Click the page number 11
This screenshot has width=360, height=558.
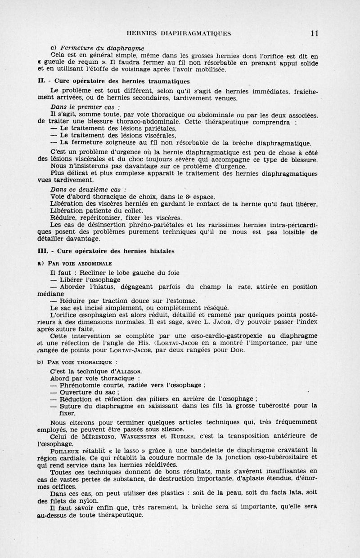315,33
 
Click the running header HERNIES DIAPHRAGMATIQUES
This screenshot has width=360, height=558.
180,33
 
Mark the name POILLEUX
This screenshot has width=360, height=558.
67,450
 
